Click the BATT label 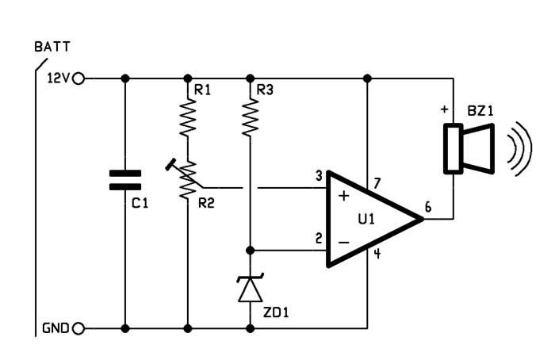[52, 47]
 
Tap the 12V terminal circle [78, 79]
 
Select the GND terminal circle [78, 329]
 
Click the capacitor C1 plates [125, 180]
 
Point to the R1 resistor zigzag [188, 118]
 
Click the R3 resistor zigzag [251, 118]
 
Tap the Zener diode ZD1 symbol [251, 287]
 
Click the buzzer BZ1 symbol [469, 148]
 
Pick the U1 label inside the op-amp [366, 220]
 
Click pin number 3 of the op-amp [319, 176]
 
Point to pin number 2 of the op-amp [319, 238]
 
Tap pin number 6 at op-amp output [428, 207]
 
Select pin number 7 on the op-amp [377, 183]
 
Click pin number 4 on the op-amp [377, 254]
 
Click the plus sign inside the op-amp [343, 196]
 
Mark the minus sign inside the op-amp [343, 243]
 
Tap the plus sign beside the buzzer [444, 109]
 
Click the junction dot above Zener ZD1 [251, 251]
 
